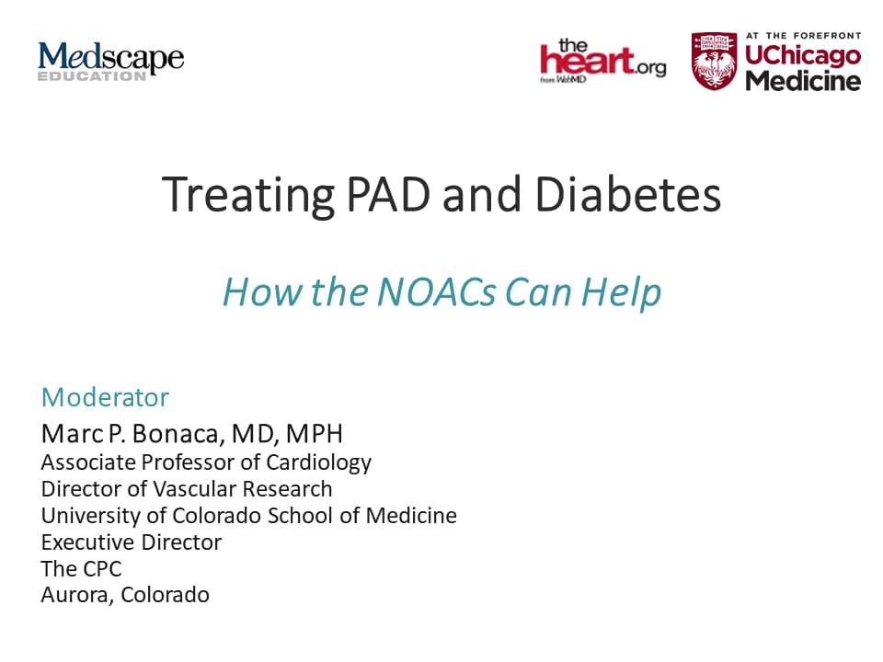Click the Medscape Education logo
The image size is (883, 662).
[x=111, y=62]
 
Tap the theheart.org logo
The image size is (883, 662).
[x=603, y=61]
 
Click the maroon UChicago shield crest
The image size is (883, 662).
[x=714, y=61]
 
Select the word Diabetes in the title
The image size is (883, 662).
[x=627, y=194]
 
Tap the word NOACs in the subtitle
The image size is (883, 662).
[x=436, y=291]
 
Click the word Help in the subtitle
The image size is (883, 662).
[x=621, y=292]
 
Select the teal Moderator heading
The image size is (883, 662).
[x=105, y=397]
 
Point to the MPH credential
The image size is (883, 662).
[x=315, y=433]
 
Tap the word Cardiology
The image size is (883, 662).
[x=318, y=462]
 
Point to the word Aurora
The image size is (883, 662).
[x=75, y=596]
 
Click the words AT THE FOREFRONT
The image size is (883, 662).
[x=804, y=36]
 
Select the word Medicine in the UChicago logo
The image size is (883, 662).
[x=804, y=81]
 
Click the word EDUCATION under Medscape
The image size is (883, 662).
[x=92, y=76]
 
